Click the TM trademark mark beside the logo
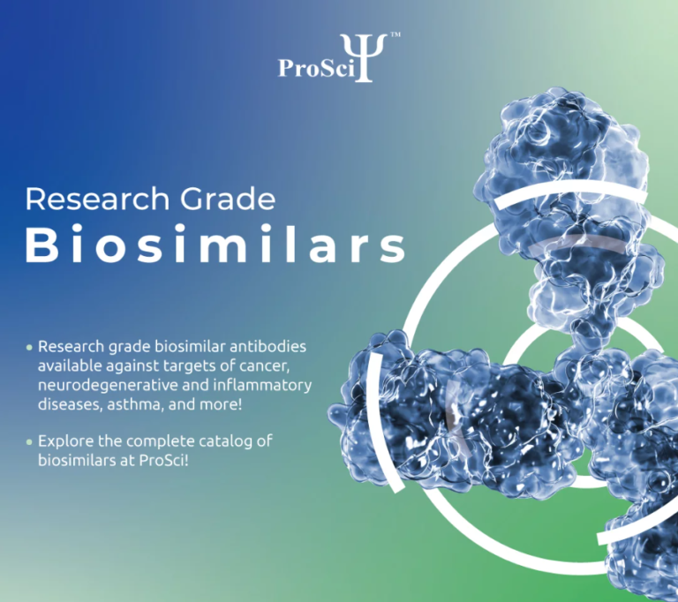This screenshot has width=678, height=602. pyautogui.click(x=395, y=36)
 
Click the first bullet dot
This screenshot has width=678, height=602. pyautogui.click(x=29, y=347)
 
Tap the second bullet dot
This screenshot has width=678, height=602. pyautogui.click(x=29, y=440)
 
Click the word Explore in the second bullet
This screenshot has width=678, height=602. pyautogui.click(x=63, y=440)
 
